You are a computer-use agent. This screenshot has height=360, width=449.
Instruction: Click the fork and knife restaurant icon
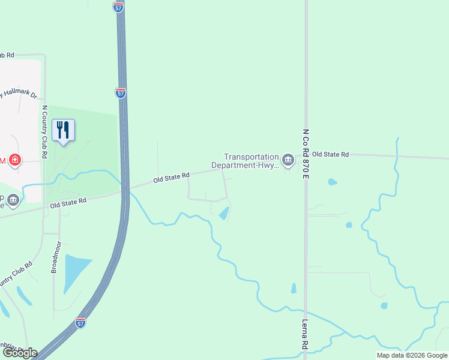(x=63, y=130)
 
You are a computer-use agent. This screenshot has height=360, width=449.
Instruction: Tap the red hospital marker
(x=14, y=160)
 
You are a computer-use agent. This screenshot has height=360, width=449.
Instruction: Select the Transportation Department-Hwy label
(x=246, y=161)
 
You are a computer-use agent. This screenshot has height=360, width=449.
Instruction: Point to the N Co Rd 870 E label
(x=305, y=154)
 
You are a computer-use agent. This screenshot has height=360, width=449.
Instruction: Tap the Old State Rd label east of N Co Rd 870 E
(x=330, y=155)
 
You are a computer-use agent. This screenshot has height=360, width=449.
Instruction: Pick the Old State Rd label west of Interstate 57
(x=68, y=203)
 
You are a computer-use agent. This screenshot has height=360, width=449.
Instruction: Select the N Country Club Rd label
(x=44, y=131)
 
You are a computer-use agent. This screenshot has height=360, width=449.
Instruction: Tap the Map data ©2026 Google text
(x=411, y=355)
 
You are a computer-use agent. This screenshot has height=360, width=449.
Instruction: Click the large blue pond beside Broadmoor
(x=75, y=269)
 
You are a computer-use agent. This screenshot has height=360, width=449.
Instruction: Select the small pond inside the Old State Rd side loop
(x=224, y=213)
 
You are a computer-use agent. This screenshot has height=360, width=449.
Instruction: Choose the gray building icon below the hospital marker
(x=13, y=200)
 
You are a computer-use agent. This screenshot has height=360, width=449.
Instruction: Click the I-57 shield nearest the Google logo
(x=81, y=323)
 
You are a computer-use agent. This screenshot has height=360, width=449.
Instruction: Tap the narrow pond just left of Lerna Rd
(x=294, y=288)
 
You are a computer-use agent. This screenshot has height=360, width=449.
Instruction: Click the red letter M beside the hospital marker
(x=2, y=160)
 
